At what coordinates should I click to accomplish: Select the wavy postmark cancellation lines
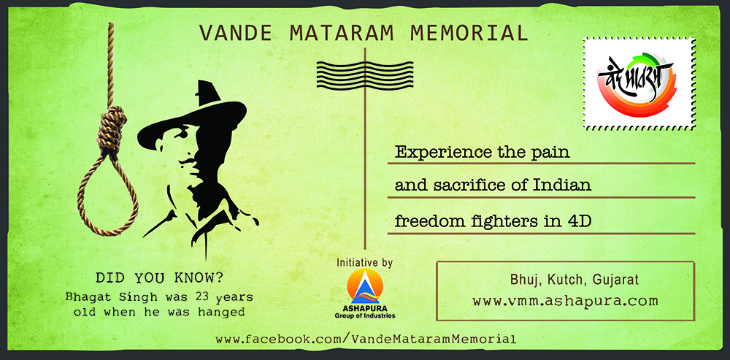364,75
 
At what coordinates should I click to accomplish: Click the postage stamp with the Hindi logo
638,84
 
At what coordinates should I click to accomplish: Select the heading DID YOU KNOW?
158,278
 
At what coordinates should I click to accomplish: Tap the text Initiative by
365,263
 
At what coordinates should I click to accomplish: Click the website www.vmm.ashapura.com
565,300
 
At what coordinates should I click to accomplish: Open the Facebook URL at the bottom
366,339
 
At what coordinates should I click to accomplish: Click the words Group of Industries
365,315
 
